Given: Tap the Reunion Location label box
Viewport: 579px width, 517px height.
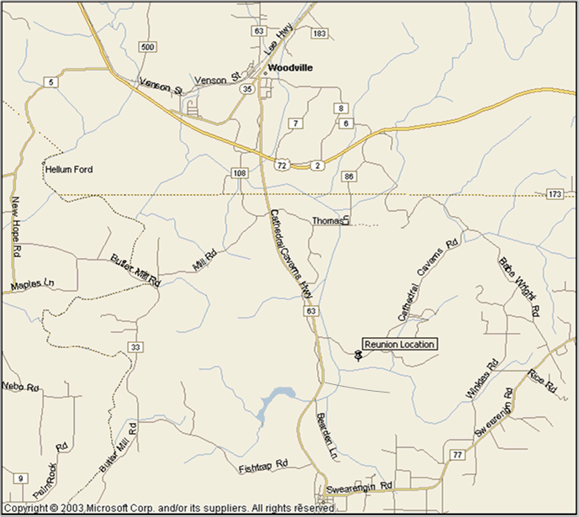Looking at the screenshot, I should coord(399,344).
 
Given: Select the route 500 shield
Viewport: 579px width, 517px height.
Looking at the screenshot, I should coord(148,46).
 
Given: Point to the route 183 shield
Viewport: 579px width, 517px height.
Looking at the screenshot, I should coord(318,33).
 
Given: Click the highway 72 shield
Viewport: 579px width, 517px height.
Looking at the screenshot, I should coord(282,166).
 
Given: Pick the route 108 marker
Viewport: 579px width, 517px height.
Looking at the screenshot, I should coord(240,173).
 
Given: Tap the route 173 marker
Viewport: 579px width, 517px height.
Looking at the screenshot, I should coord(554,194).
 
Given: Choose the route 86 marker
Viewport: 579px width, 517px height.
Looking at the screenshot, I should coord(349,177).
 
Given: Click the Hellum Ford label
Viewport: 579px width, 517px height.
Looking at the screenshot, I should coord(69,169).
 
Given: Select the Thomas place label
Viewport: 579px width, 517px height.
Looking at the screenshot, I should coord(328,221).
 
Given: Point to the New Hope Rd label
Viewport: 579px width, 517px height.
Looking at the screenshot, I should coord(15,226).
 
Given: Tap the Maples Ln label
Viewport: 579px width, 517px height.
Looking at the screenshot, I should coord(32,286).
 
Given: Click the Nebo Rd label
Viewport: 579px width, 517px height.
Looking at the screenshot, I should coord(21,387).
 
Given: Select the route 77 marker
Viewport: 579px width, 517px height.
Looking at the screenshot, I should coord(457,455).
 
